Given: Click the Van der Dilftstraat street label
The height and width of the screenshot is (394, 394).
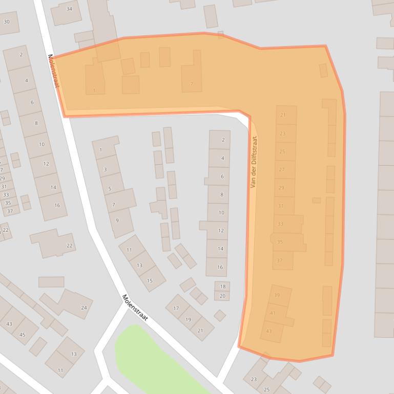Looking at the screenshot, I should [x=254, y=162].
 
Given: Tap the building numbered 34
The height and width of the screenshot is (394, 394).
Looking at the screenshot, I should [x=69, y=9].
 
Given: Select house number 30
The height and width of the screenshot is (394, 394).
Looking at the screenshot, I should [x=7, y=22].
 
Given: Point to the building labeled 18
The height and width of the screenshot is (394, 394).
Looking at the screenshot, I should [x=222, y=287].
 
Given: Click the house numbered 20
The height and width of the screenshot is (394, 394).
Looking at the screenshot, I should [x=222, y=296].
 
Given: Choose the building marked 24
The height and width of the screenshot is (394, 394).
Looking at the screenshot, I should [x=84, y=308].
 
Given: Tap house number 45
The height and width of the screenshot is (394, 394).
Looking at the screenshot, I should [x=22, y=335].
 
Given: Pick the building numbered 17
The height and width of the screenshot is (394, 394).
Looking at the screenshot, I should [x=176, y=308].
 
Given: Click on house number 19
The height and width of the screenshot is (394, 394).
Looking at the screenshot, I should [x=188, y=319].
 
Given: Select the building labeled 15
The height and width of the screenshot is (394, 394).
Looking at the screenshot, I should [x=150, y=280].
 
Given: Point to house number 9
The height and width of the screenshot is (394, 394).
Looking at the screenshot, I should [x=117, y=221].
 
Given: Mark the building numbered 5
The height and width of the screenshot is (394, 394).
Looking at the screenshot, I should [x=110, y=189].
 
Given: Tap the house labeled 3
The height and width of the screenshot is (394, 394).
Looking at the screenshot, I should [x=105, y=169].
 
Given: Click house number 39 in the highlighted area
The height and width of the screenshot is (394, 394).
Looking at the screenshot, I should [x=277, y=295].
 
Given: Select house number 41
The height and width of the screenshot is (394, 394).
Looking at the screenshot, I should [x=273, y=313].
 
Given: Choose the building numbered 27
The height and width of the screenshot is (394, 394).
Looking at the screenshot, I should [x=282, y=169].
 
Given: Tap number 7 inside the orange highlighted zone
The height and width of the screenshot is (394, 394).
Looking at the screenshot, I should [x=192, y=83].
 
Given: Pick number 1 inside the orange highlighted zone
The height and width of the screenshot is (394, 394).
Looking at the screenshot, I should [x=94, y=91].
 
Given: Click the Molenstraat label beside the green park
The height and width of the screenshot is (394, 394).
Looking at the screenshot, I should [x=135, y=308].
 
